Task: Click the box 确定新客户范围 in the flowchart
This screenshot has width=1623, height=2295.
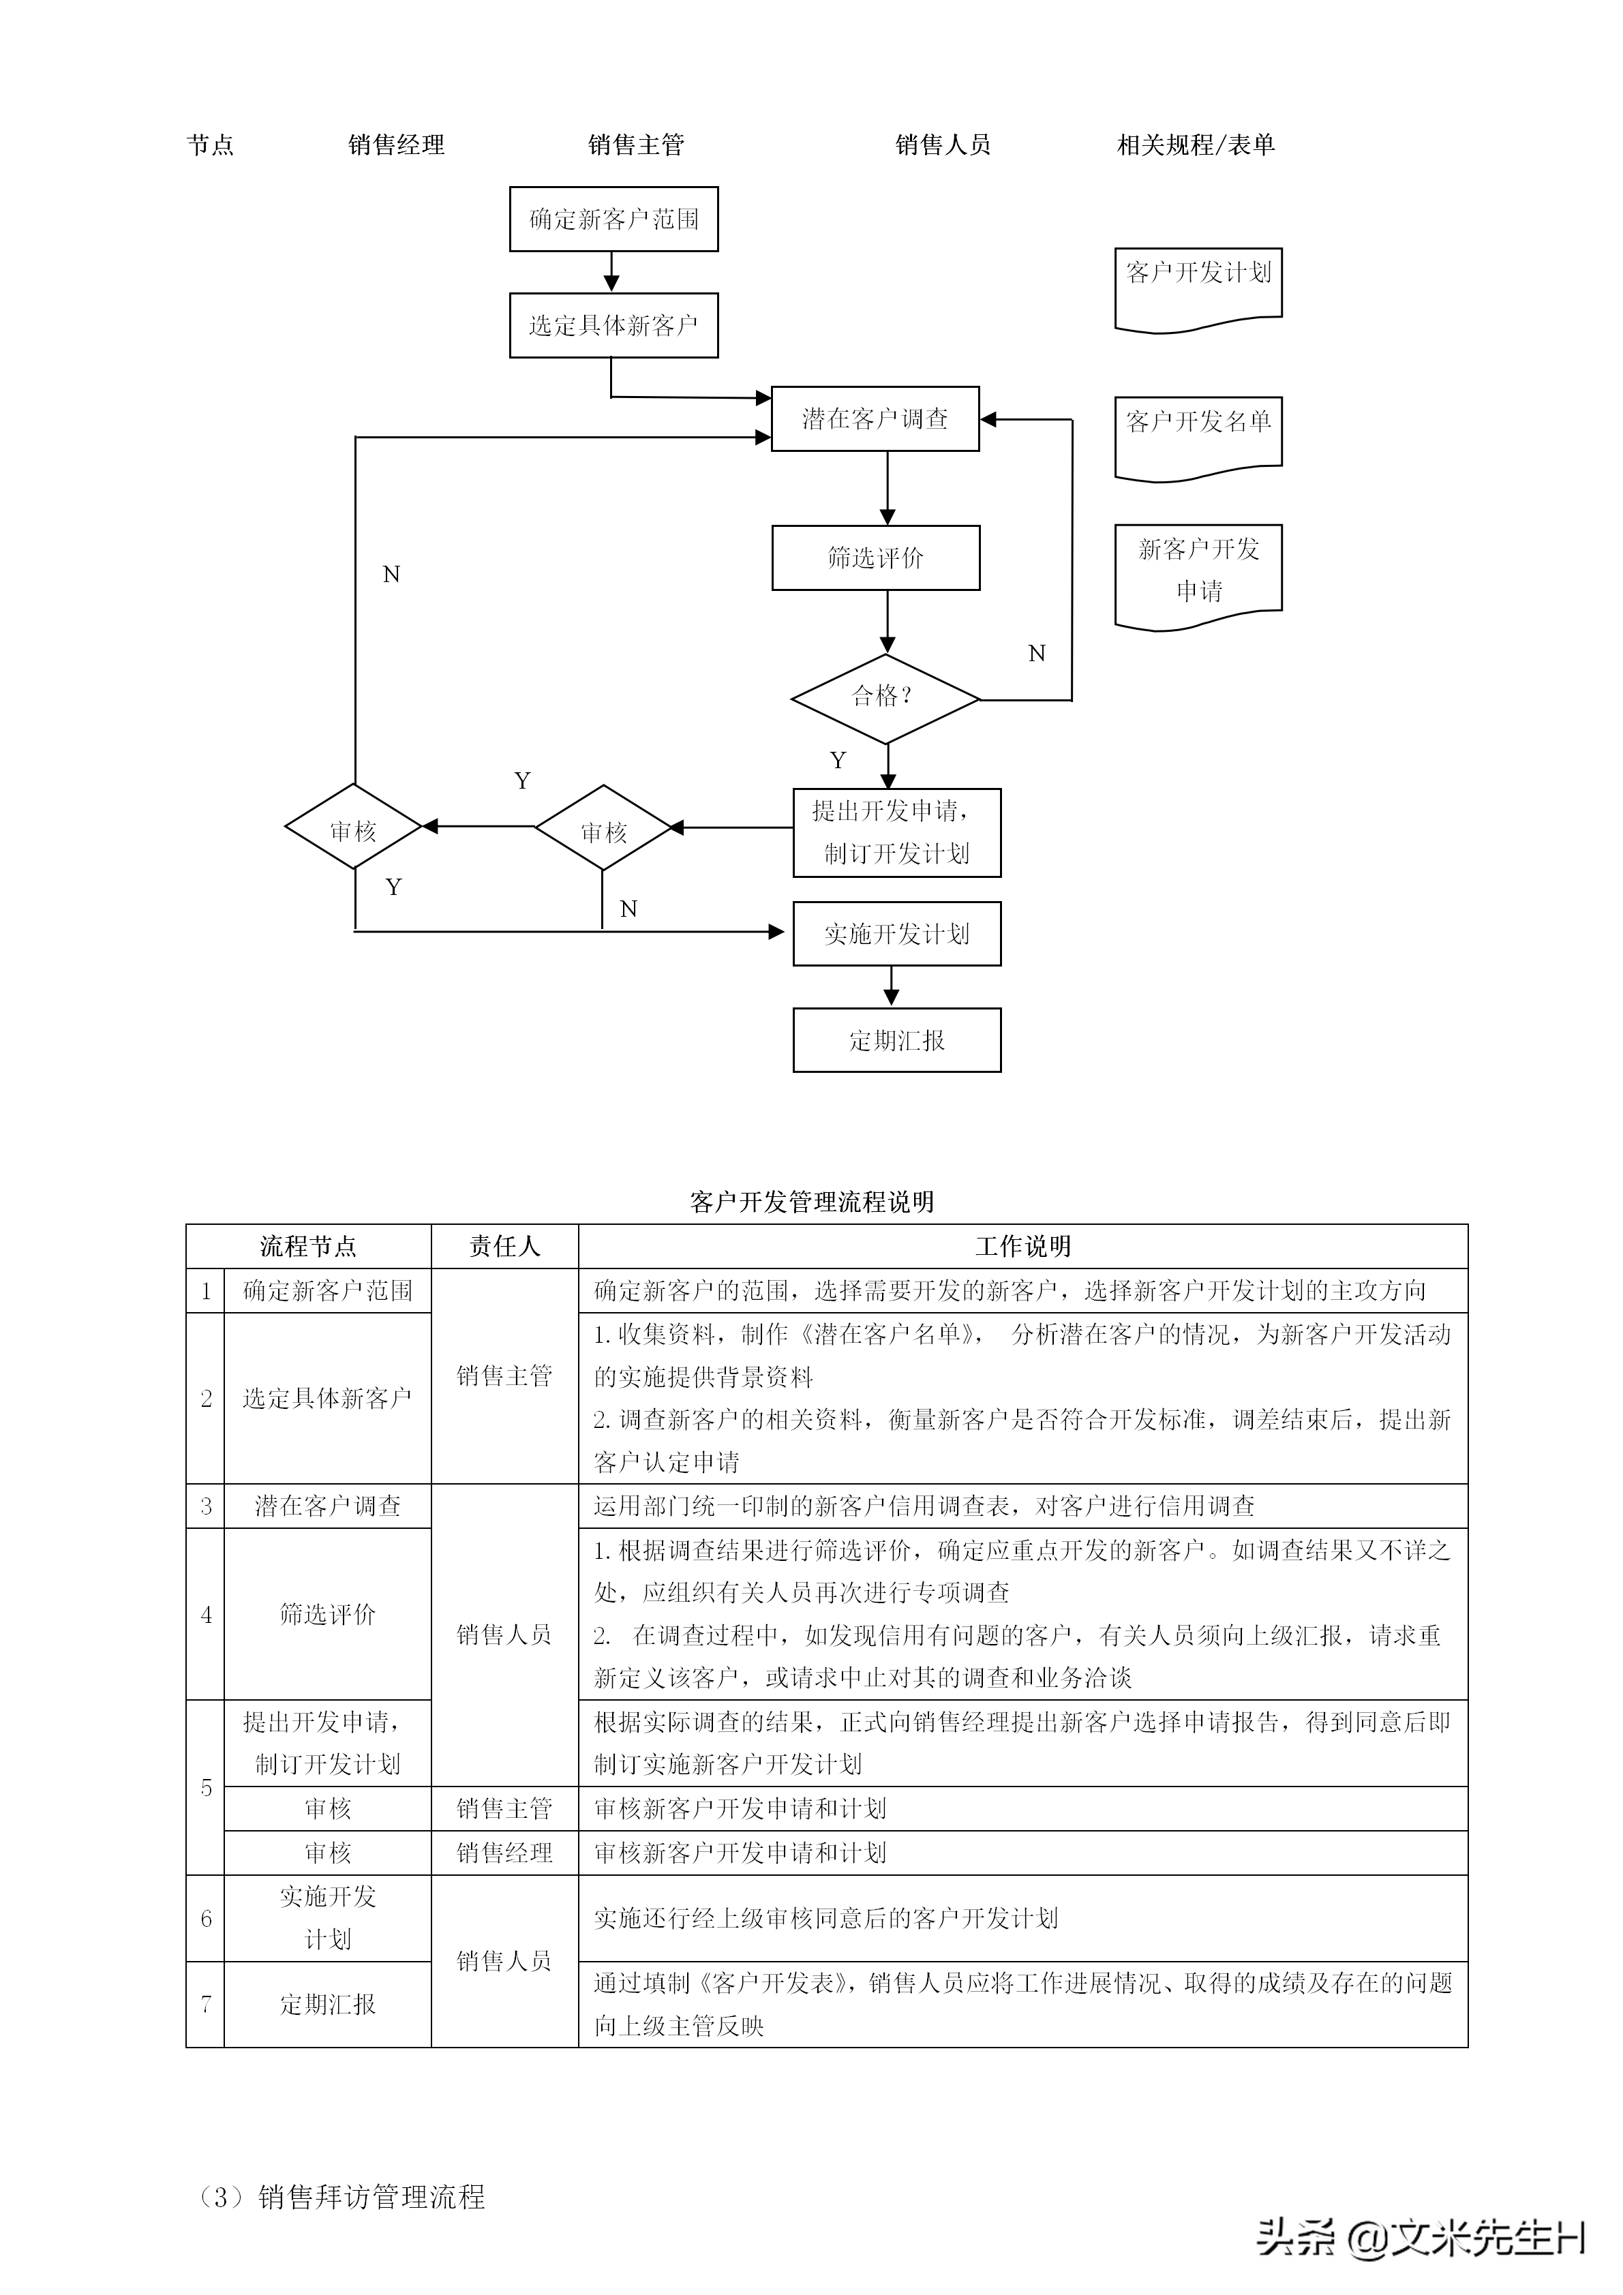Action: click(613, 219)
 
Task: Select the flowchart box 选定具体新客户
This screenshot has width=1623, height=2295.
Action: click(613, 325)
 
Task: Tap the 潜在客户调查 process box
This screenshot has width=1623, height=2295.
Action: click(875, 419)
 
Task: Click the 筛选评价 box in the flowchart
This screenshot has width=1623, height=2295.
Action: click(875, 558)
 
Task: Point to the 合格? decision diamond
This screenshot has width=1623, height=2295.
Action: click(885, 699)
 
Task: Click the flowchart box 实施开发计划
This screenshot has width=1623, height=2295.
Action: click(896, 934)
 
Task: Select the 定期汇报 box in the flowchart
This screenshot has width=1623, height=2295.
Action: click(896, 1041)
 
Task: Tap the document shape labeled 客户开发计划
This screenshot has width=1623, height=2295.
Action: click(1198, 285)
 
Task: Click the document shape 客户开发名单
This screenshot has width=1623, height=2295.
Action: click(1198, 434)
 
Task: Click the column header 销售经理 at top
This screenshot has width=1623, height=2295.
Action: click(396, 145)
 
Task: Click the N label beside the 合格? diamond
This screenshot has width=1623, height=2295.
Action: click(1036, 654)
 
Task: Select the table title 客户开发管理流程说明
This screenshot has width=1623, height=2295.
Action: click(811, 1202)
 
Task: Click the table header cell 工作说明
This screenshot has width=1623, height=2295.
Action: click(1022, 1247)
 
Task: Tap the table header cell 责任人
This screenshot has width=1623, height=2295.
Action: click(504, 1247)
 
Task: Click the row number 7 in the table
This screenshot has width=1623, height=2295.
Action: click(206, 2003)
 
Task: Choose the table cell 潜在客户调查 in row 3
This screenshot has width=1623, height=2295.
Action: click(328, 1506)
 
